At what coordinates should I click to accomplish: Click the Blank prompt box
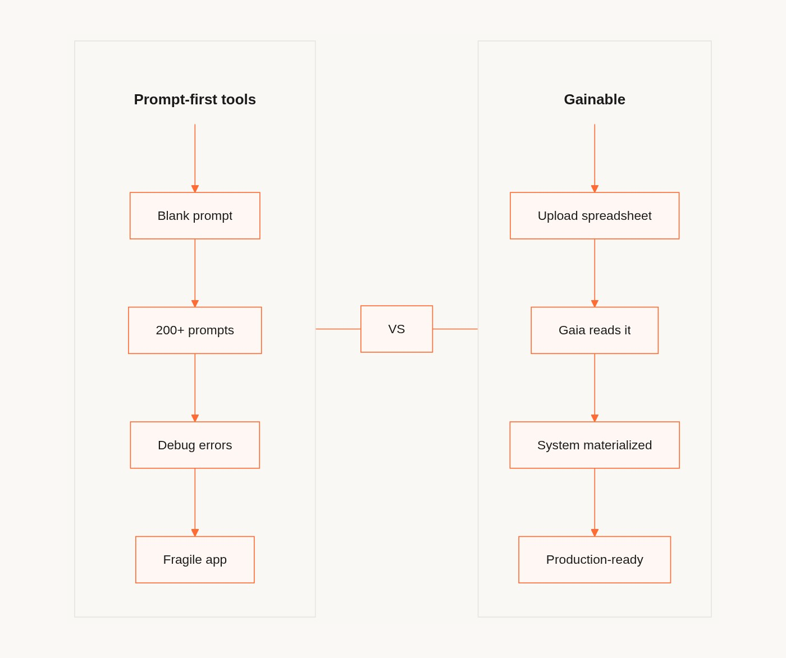point(195,216)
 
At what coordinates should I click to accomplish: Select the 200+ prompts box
point(195,330)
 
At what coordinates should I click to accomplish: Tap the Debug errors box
point(195,445)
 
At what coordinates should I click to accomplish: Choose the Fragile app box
point(195,559)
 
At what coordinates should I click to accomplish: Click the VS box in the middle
point(396,329)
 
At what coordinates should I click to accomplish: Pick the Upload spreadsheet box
point(595,216)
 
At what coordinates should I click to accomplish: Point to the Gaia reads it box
point(595,330)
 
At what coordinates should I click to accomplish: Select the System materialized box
point(595,445)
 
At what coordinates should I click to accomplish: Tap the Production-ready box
point(595,559)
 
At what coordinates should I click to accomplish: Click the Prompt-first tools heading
point(195,99)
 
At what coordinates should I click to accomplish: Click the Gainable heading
point(595,99)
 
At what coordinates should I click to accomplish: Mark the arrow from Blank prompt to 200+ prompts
point(195,273)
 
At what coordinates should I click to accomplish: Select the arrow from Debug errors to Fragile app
point(195,501)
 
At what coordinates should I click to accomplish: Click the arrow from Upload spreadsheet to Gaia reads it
point(595,273)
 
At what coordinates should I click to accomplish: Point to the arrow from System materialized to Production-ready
point(595,501)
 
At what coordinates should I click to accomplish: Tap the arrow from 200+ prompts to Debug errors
point(195,387)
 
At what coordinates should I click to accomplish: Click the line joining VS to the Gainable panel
point(455,329)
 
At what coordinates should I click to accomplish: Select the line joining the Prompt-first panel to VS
point(338,329)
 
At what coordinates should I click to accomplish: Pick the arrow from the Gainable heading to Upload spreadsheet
point(595,157)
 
